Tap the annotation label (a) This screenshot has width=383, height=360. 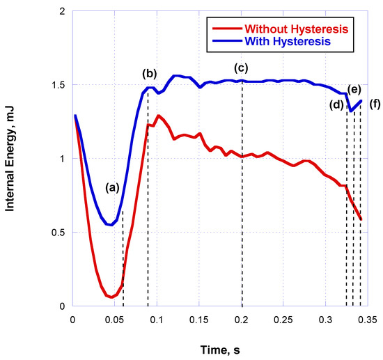pos(112,187)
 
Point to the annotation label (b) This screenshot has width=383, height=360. pos(149,73)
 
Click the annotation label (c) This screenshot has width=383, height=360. pos(242,68)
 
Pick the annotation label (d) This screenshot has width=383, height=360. pos(336,105)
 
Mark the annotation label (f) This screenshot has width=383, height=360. pos(375,105)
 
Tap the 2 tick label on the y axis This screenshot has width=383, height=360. pos(63,12)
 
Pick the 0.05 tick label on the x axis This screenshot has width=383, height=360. pos(115,319)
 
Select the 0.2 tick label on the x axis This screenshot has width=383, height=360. pos(242,319)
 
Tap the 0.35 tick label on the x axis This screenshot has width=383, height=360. pos(368,319)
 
